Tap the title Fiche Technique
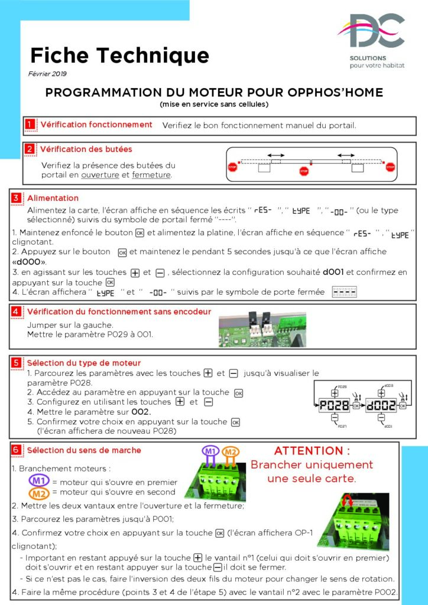[x=119, y=55]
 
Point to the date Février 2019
[x=47, y=74]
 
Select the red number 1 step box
[x=30, y=125]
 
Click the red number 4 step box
[x=17, y=311]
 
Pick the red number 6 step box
[x=17, y=450]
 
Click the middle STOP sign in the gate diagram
[x=304, y=171]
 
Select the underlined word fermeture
[x=151, y=175]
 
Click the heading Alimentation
[x=53, y=198]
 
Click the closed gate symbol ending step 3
[x=344, y=292]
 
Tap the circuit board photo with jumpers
[x=262, y=330]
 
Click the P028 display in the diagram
[x=334, y=406]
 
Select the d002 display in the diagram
[x=382, y=406]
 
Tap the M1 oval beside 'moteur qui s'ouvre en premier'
[x=39, y=481]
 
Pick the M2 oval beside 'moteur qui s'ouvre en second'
[x=39, y=493]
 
